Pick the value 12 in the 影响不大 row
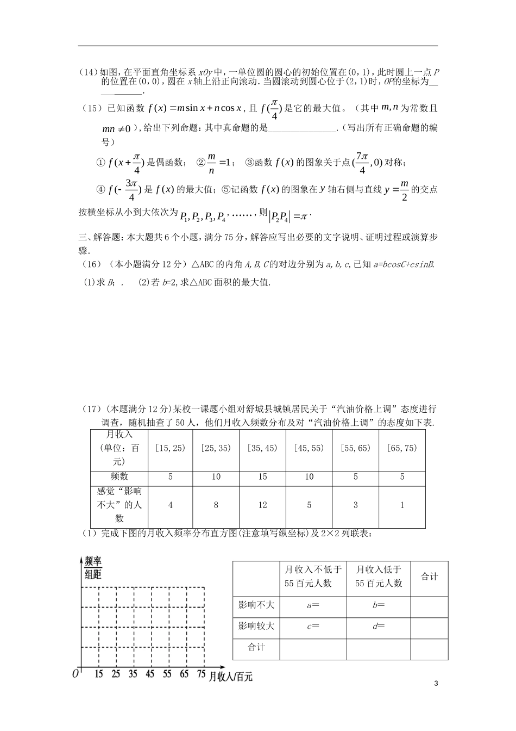(262, 505)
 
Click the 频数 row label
(119, 476)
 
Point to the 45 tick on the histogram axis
(150, 674)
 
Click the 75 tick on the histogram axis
(201, 674)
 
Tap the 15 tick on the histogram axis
(99, 674)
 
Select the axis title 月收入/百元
(231, 676)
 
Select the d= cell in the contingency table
(379, 626)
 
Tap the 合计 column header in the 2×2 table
(429, 577)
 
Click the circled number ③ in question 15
(249, 162)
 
